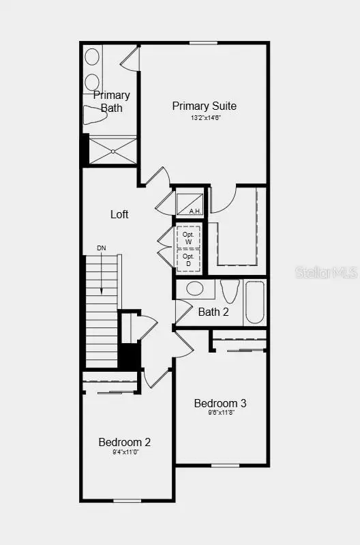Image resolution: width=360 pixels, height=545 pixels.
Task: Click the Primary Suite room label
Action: click(x=204, y=106)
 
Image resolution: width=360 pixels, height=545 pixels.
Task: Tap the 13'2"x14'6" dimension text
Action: click(x=205, y=118)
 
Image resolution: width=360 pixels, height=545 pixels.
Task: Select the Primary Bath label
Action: click(x=111, y=101)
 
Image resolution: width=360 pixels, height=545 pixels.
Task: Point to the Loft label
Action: click(x=119, y=214)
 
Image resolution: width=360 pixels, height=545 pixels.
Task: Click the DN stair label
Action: click(x=102, y=248)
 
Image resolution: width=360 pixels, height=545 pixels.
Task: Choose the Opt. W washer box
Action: click(x=189, y=237)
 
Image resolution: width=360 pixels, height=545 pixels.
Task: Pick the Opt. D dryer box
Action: click(x=189, y=259)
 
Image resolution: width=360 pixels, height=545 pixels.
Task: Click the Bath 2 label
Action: click(x=213, y=312)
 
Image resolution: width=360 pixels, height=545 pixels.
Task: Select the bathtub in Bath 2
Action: click(x=254, y=302)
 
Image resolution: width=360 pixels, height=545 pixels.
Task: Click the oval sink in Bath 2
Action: click(x=194, y=289)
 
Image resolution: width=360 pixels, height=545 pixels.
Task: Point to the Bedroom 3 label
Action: click(x=220, y=403)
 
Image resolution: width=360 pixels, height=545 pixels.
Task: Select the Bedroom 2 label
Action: click(x=125, y=442)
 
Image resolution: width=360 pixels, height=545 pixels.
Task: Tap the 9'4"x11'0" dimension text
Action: click(x=125, y=452)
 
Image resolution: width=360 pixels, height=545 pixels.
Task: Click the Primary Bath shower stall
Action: click(x=112, y=150)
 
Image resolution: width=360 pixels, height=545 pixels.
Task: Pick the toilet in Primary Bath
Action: click(x=95, y=116)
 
